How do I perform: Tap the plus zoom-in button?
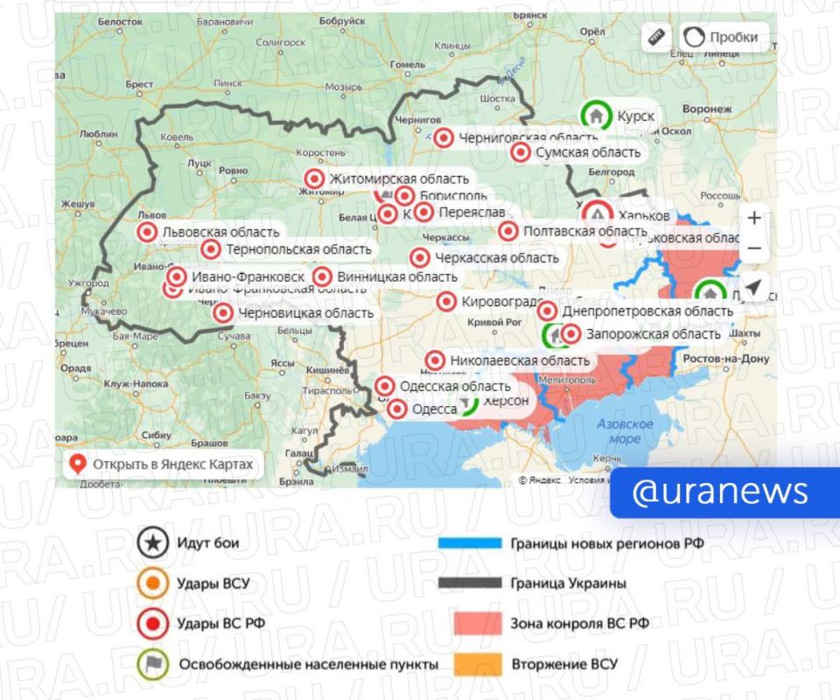tap(754, 218)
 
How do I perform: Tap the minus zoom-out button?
tap(754, 248)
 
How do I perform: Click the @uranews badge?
tap(720, 493)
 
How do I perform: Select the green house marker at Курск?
tap(596, 115)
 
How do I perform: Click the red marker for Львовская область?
tap(147, 232)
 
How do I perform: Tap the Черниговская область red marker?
tap(444, 137)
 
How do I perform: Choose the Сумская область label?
tap(581, 153)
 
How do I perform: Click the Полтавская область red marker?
tap(508, 231)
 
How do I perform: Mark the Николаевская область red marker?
tap(435, 360)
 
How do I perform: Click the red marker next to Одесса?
tap(397, 409)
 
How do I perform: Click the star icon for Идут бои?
tap(153, 543)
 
